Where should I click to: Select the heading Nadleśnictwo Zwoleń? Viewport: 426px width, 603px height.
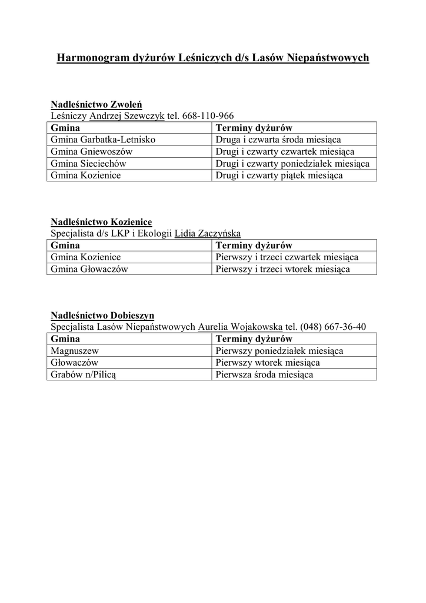point(96,104)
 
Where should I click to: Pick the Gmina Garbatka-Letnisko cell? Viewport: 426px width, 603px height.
point(103,140)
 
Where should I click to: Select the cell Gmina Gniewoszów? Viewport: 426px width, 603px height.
point(92,151)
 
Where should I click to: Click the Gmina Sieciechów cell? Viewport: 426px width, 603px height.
point(89,163)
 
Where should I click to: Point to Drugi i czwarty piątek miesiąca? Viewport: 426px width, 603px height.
point(279,175)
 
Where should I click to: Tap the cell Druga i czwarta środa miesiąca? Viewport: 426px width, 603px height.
point(278,140)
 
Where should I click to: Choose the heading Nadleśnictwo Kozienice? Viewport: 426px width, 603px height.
point(101,221)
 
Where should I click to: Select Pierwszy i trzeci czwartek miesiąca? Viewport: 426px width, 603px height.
point(287,257)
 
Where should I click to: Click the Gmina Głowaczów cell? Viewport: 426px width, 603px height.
point(89,269)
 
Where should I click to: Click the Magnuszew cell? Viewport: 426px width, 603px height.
point(74,350)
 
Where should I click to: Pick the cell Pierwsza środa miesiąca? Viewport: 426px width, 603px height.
point(264,374)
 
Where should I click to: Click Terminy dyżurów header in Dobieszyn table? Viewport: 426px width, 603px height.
point(254,339)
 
